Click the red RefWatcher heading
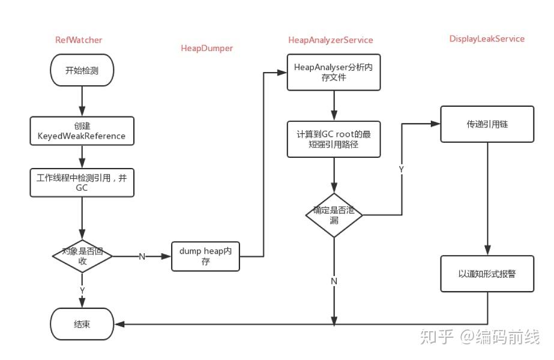tap(78, 40)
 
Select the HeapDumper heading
tap(206, 48)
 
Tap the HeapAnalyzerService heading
tap(330, 40)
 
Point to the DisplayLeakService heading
tap(487, 39)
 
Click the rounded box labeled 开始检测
tap(82, 70)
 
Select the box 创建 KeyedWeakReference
tap(82, 131)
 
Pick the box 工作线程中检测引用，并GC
tap(82, 182)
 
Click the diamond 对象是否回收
tap(82, 256)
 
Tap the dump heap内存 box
tap(205, 256)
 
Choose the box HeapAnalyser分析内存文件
tap(333, 72)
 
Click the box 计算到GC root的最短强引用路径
tap(333, 139)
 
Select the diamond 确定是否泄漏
tap(334, 215)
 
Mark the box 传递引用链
tap(487, 124)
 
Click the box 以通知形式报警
tap(487, 274)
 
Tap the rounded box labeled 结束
tap(82, 324)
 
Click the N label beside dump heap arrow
tap(142, 257)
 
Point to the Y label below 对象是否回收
tap(82, 290)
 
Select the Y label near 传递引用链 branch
tap(401, 170)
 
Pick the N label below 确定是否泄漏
tap(334, 281)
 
